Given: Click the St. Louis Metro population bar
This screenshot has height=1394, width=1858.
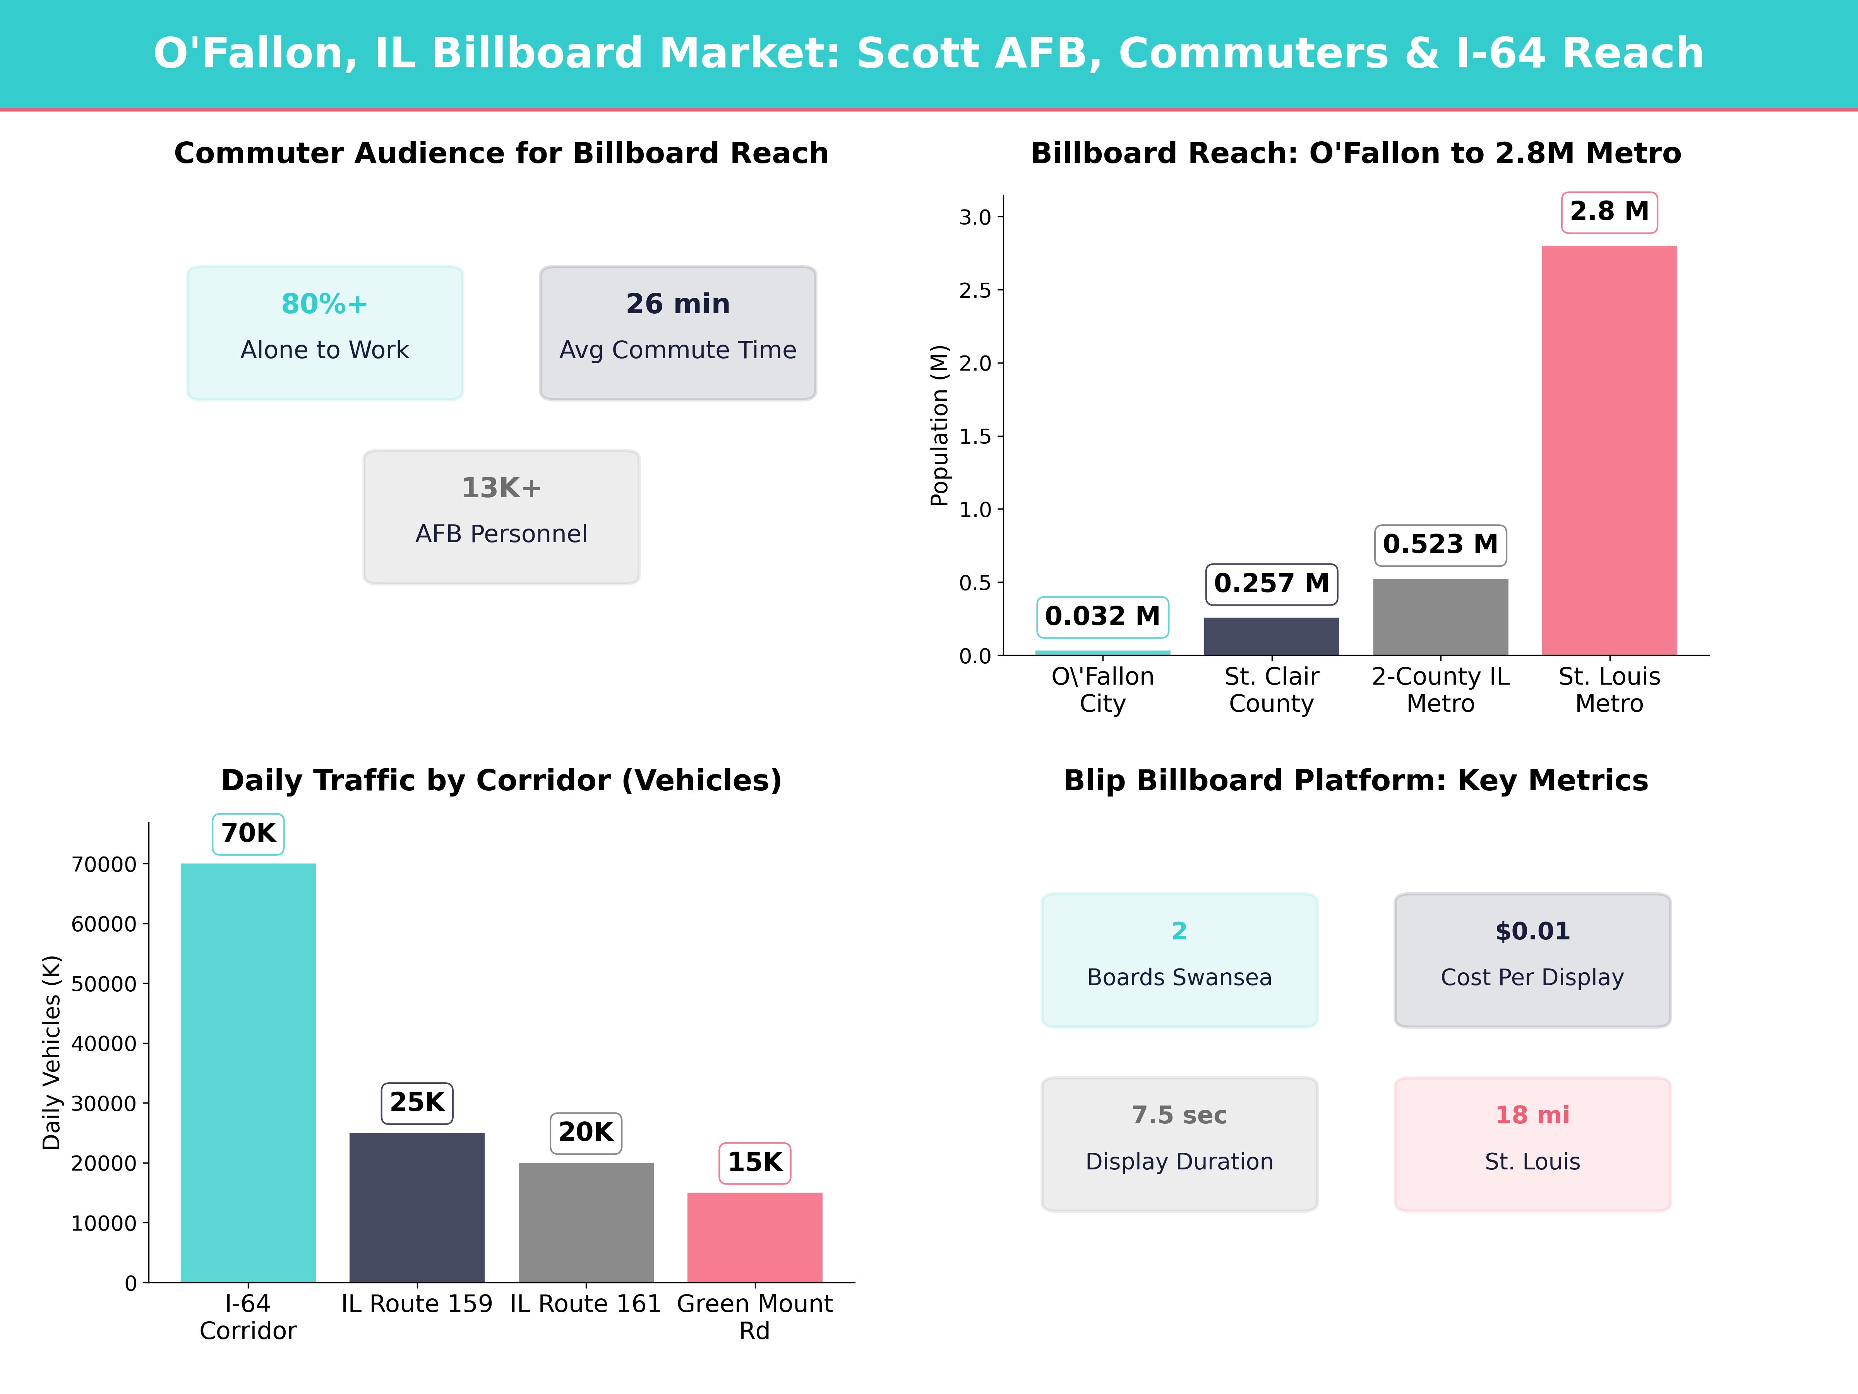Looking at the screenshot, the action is pos(1609,450).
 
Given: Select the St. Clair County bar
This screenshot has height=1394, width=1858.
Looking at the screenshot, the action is pos(1272,636).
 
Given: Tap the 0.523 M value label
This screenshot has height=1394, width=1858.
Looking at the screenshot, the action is pos(1441,544).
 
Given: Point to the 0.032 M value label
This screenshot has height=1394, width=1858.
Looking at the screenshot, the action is pos(1103,617).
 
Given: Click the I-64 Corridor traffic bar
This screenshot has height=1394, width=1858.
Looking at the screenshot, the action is pos(249,1073).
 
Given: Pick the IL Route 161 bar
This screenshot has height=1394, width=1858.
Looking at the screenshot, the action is pos(586,1222).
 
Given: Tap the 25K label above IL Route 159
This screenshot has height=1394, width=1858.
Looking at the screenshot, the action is pos(417,1102).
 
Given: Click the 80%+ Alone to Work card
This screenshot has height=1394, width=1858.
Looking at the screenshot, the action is pos(325,333).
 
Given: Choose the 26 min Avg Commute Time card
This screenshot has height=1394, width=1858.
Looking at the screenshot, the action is pos(678,333).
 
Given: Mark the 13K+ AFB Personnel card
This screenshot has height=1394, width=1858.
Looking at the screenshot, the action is pos(501,517).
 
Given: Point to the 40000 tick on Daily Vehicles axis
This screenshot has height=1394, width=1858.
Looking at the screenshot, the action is pos(104,1044).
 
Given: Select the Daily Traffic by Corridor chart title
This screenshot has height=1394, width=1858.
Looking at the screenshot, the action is pos(501,781).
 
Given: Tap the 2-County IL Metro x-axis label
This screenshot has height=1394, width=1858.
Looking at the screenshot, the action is pos(1441,690).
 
